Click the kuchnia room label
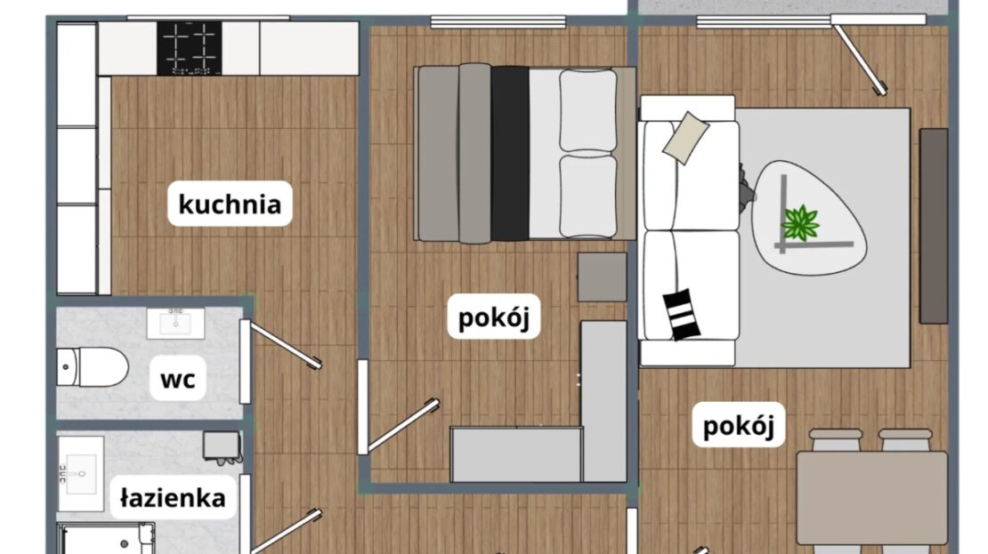click(x=230, y=204)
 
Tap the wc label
click(x=177, y=378)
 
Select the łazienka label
click(x=173, y=497)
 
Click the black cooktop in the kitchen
click(x=189, y=49)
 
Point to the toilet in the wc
click(x=93, y=366)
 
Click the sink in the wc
click(x=176, y=324)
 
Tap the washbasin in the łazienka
click(x=81, y=474)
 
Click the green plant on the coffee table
click(x=800, y=222)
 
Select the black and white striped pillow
click(x=682, y=314)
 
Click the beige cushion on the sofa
click(x=685, y=138)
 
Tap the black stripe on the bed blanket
click(x=510, y=154)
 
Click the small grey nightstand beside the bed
click(x=603, y=277)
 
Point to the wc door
click(x=281, y=344)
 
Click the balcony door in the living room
click(x=859, y=55)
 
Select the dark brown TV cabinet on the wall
click(x=934, y=226)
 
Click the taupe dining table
click(x=872, y=498)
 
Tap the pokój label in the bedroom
click(x=494, y=316)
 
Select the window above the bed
click(x=498, y=22)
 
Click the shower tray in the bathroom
click(x=106, y=538)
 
